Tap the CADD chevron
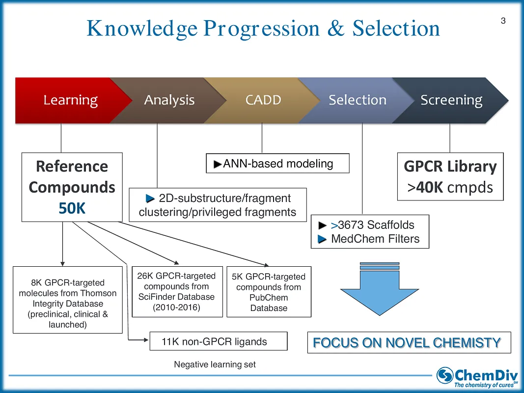(x=263, y=100)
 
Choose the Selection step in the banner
(x=357, y=100)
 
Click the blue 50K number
(x=72, y=208)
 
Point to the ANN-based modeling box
(x=277, y=164)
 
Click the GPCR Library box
(x=450, y=177)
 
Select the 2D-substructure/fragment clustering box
(x=218, y=205)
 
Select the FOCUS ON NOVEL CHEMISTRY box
(x=408, y=342)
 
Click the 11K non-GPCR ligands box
(x=218, y=342)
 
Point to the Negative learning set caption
(x=215, y=365)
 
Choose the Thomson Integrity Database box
(x=67, y=299)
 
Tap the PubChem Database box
(x=269, y=292)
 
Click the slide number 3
(x=503, y=21)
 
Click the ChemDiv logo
(x=477, y=376)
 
